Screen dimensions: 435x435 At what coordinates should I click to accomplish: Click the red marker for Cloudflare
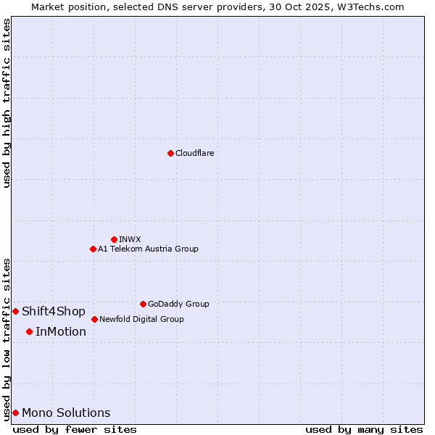[x=170, y=153]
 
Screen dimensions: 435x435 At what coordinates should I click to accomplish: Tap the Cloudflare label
[x=194, y=153]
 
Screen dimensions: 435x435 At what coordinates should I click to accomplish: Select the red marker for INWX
[x=114, y=239]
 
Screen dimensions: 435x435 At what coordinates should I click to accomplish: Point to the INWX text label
[x=130, y=239]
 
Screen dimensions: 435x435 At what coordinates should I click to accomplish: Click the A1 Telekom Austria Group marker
[x=93, y=249]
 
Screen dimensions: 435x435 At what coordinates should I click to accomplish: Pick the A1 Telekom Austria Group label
[x=148, y=249]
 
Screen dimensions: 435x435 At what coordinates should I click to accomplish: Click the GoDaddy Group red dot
[x=143, y=304]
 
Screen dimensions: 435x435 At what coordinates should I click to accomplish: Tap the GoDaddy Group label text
[x=178, y=304]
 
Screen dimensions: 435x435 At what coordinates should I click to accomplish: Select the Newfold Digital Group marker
[x=94, y=319]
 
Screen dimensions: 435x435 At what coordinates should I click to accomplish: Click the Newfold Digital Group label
[x=141, y=319]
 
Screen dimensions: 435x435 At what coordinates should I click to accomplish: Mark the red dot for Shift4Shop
[x=15, y=311]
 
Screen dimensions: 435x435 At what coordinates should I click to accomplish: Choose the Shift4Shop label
[x=54, y=312]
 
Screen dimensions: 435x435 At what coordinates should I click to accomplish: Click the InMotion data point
[x=29, y=331]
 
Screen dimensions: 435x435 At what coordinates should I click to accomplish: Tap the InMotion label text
[x=61, y=332]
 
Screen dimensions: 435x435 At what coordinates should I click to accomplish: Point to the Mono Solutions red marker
[x=15, y=413]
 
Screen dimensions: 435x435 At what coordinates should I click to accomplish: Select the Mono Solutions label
[x=66, y=413]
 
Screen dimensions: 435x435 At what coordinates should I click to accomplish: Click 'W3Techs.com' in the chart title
[x=374, y=7]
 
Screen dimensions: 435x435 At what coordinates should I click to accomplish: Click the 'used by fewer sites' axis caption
[x=75, y=429]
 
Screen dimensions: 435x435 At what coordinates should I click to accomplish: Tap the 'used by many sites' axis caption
[x=364, y=429]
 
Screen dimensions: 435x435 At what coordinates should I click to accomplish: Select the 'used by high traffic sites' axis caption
[x=7, y=103]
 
